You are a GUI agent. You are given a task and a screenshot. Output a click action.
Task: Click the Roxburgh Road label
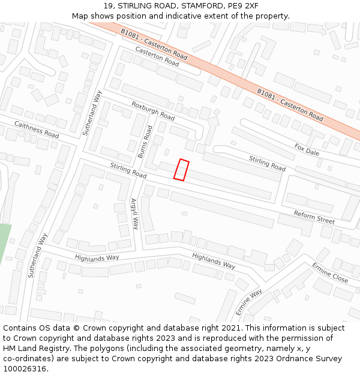153,110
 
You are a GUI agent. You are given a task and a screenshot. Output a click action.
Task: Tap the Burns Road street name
145,142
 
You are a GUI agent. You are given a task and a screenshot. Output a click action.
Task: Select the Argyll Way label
134,214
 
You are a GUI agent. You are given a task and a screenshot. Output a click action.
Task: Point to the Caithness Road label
38,127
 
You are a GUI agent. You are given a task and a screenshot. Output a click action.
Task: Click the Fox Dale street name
307,149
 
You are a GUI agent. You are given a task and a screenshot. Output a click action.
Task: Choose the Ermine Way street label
248,302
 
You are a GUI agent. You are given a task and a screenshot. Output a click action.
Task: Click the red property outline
181,169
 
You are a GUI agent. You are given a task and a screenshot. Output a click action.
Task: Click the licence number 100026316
26,369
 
